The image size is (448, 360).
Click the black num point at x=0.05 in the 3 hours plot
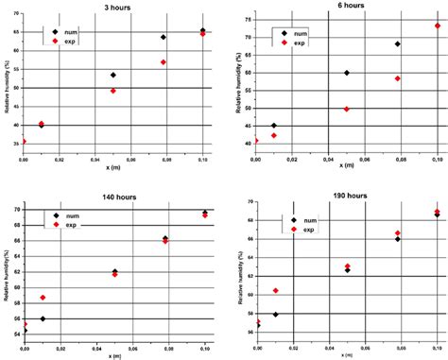(113, 75)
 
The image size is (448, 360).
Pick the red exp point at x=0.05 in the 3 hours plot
(113, 91)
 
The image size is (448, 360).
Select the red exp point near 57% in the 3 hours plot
(164, 62)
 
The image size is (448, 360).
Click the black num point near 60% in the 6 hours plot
(347, 73)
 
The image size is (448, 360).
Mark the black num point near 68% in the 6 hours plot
(397, 44)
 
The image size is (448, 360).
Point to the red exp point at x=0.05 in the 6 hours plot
(347, 109)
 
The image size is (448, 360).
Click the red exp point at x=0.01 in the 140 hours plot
(42, 298)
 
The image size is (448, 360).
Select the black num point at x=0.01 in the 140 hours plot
(42, 318)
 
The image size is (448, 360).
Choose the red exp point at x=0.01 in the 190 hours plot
(275, 291)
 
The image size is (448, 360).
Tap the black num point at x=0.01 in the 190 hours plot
(275, 314)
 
